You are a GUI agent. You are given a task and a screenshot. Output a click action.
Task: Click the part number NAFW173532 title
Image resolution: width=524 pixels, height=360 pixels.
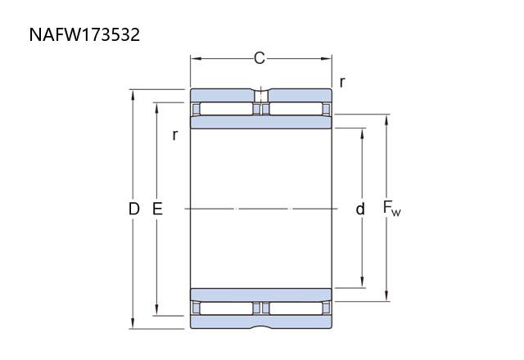tap(84, 34)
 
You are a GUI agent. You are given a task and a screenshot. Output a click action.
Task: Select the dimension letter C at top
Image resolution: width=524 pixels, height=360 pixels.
tap(260, 58)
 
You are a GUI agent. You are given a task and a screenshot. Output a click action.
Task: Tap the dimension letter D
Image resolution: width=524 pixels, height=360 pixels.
tap(133, 209)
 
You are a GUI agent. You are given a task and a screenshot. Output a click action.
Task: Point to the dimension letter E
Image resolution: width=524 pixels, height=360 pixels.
tap(157, 209)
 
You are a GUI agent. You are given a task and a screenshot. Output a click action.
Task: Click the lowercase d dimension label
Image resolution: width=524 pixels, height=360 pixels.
tap(360, 209)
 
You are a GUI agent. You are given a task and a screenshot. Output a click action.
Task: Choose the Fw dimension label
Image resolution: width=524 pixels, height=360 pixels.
tap(391, 209)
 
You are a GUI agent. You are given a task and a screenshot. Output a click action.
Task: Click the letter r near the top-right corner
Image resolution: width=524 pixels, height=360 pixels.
tap(341, 82)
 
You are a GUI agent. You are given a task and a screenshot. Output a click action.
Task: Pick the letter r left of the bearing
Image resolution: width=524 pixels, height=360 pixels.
tap(174, 135)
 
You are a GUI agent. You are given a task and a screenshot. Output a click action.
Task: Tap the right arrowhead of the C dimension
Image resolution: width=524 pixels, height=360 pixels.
tap(327, 59)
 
